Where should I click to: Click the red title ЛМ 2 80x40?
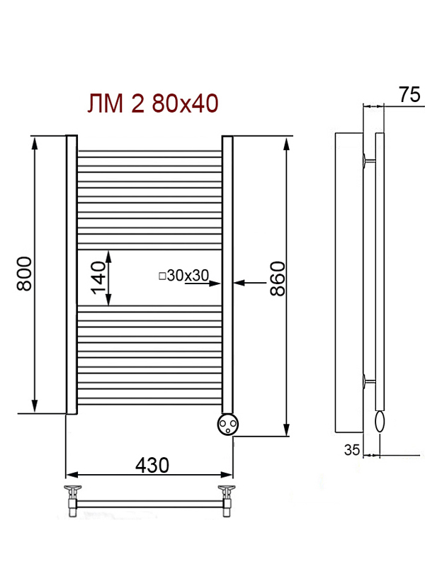pyautogui.click(x=153, y=103)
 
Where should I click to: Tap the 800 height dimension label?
pyautogui.click(x=24, y=274)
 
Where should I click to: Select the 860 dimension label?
pyautogui.click(x=278, y=279)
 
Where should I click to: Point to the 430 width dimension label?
pyautogui.click(x=152, y=465)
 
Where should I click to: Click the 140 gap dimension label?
pyautogui.click(x=98, y=278)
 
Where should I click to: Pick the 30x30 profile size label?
pyautogui.click(x=188, y=276)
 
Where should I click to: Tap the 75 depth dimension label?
pyautogui.click(x=409, y=94)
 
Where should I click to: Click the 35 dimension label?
pyautogui.click(x=352, y=450)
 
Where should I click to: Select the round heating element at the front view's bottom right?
pyautogui.click(x=227, y=424)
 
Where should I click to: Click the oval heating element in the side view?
pyautogui.click(x=380, y=422)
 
